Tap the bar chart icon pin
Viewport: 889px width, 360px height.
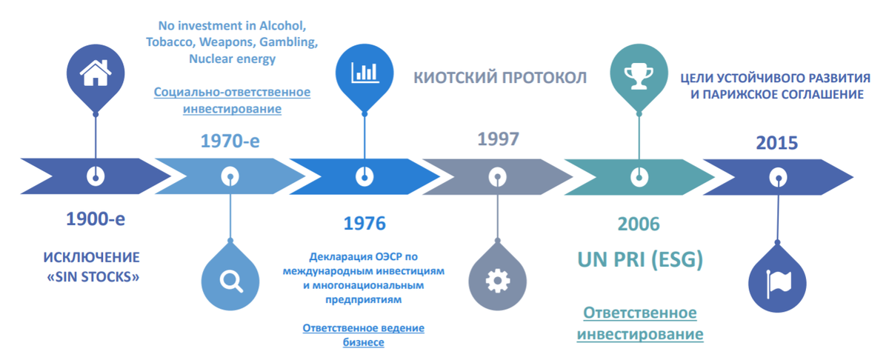click(364, 73)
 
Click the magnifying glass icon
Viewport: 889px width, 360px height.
click(231, 280)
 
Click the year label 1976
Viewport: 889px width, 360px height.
click(364, 223)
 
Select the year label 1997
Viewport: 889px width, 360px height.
click(499, 139)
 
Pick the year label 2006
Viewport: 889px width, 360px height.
click(638, 223)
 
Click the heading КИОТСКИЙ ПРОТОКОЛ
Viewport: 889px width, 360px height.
click(499, 78)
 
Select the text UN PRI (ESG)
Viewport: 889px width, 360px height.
click(640, 261)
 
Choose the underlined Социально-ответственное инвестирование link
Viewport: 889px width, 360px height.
click(232, 101)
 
